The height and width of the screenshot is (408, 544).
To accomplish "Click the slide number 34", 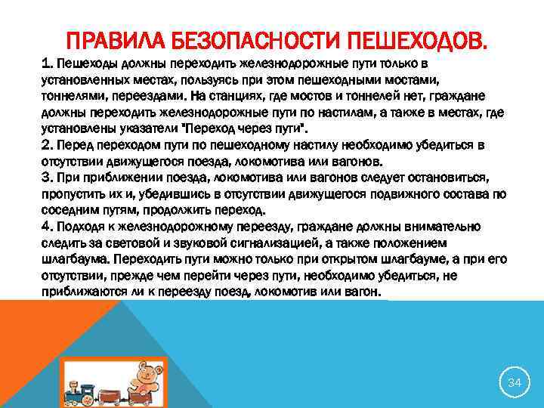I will [515, 383].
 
